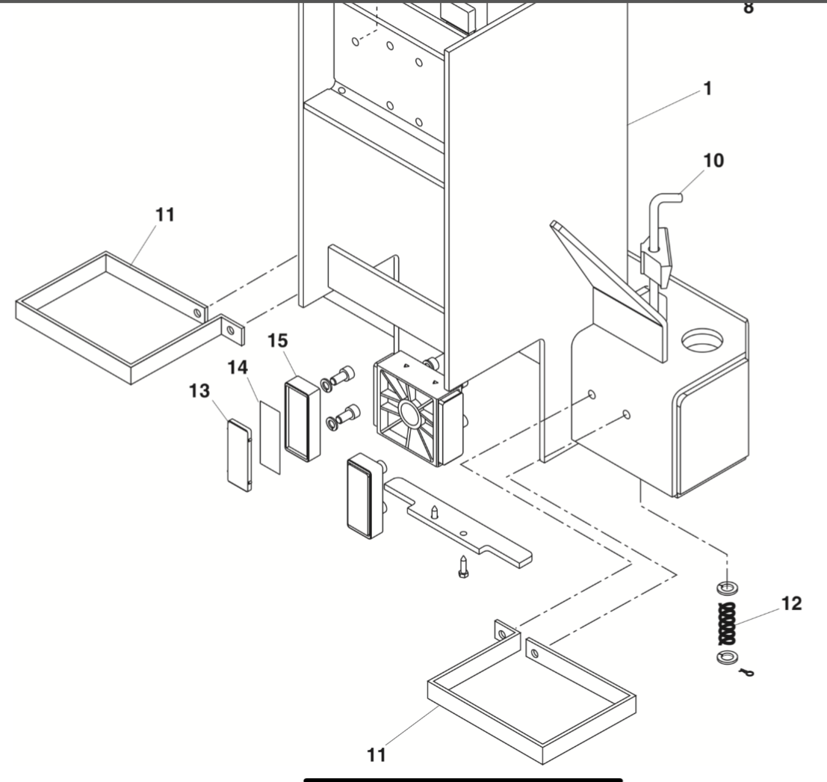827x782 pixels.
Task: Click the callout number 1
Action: [x=705, y=90]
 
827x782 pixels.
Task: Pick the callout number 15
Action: [x=278, y=340]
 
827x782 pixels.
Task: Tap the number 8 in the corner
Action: [x=748, y=10]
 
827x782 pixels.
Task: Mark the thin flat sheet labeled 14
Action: [x=269, y=437]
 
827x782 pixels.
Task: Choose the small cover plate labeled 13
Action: [x=238, y=456]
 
